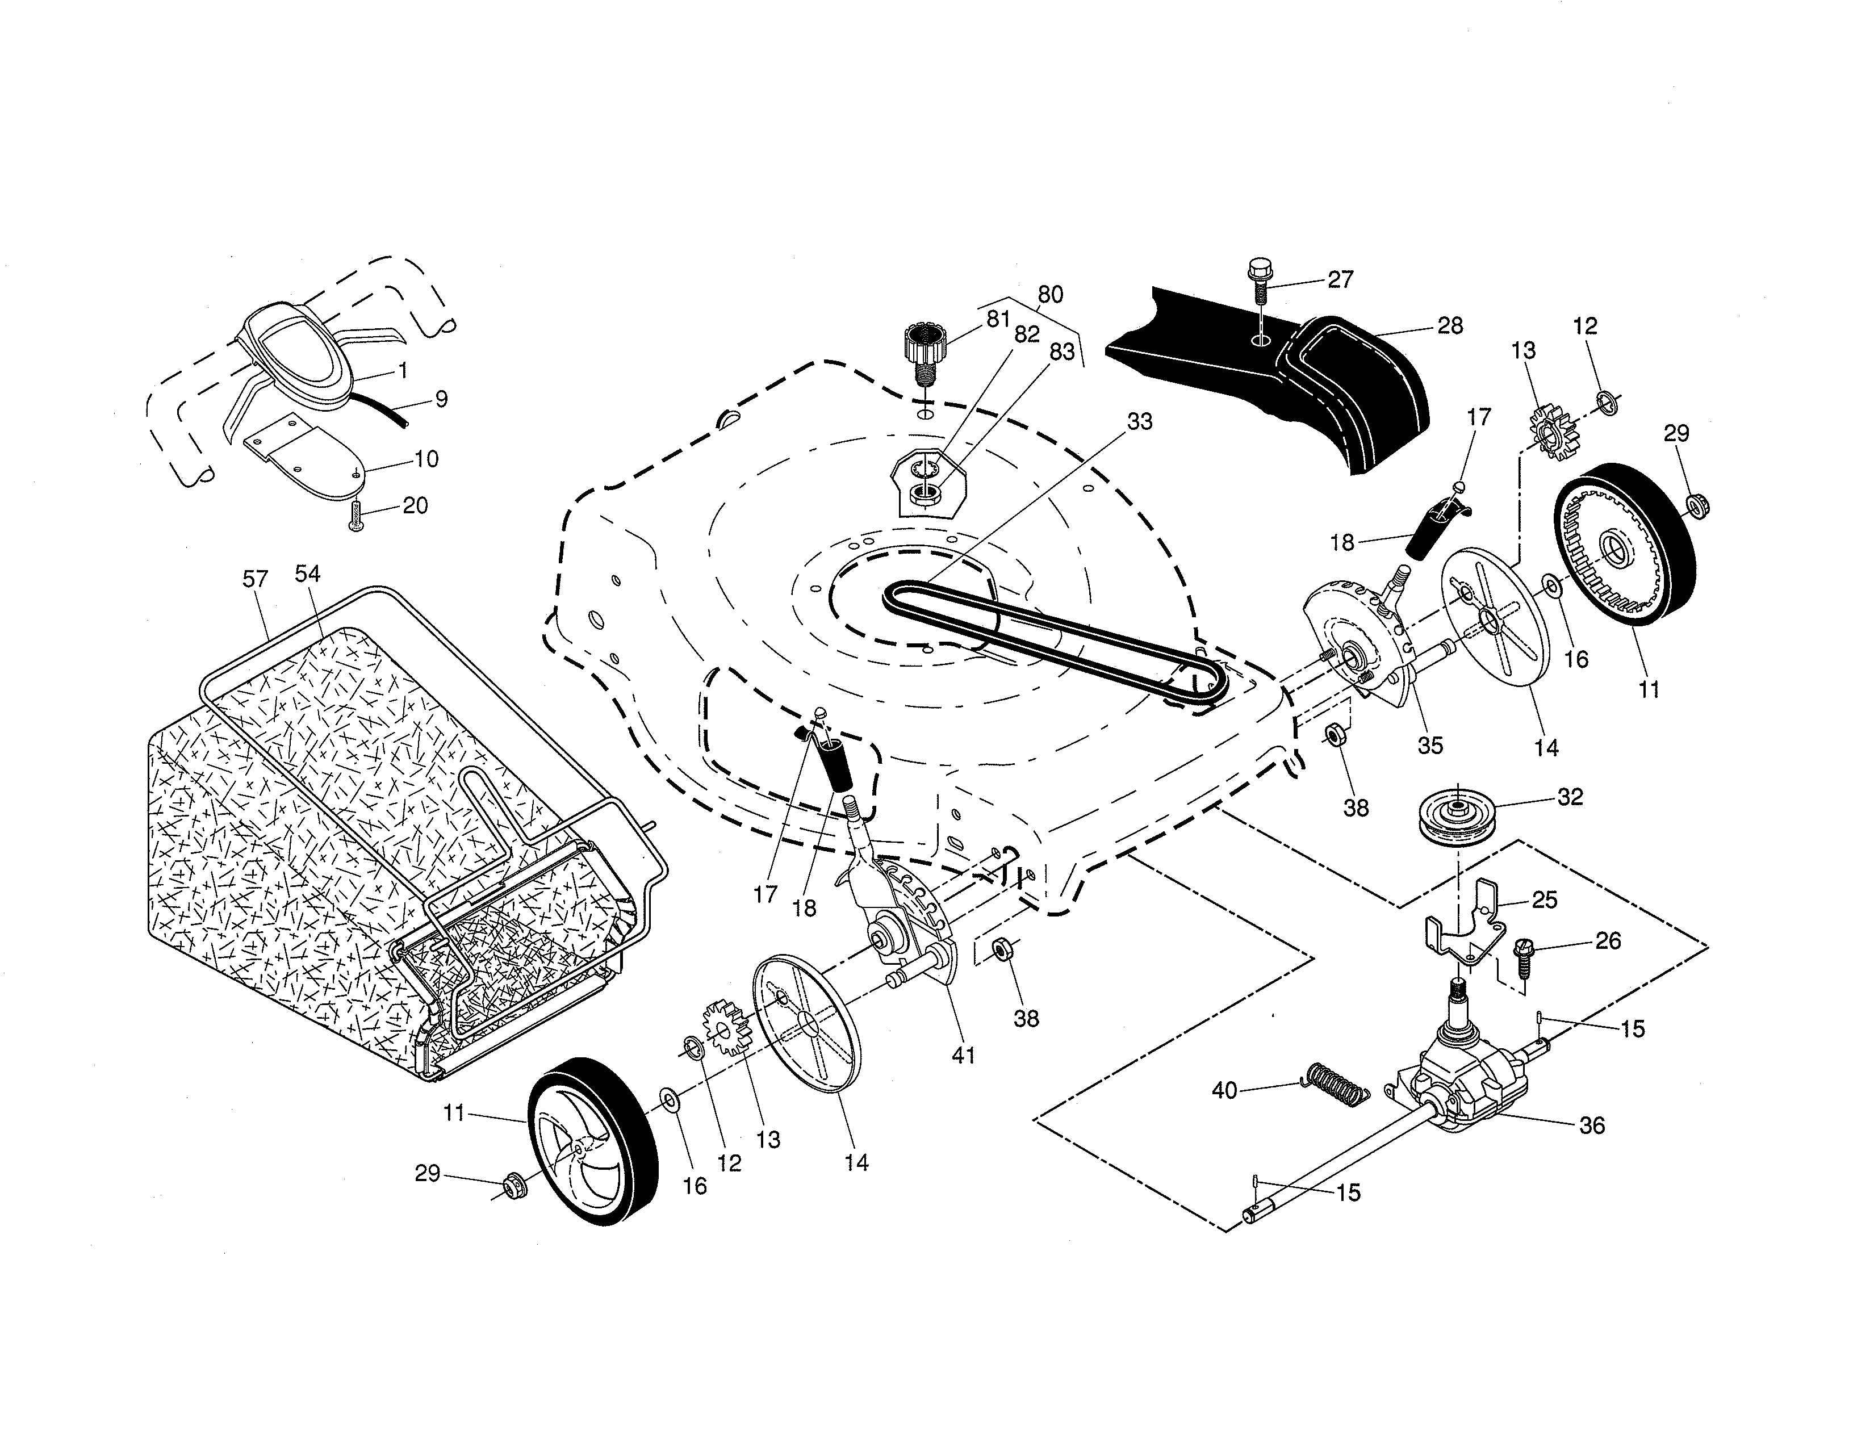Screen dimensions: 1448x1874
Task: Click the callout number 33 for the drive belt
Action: click(1140, 421)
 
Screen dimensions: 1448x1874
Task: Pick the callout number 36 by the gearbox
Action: click(1592, 1125)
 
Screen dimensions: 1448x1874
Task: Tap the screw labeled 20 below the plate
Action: click(357, 516)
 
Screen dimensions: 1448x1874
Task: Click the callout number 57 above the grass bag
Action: click(255, 579)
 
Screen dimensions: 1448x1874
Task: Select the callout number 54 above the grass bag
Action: click(307, 574)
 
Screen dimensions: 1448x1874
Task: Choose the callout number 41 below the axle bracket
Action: click(964, 1055)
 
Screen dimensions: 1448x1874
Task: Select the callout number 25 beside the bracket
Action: click(1545, 900)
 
